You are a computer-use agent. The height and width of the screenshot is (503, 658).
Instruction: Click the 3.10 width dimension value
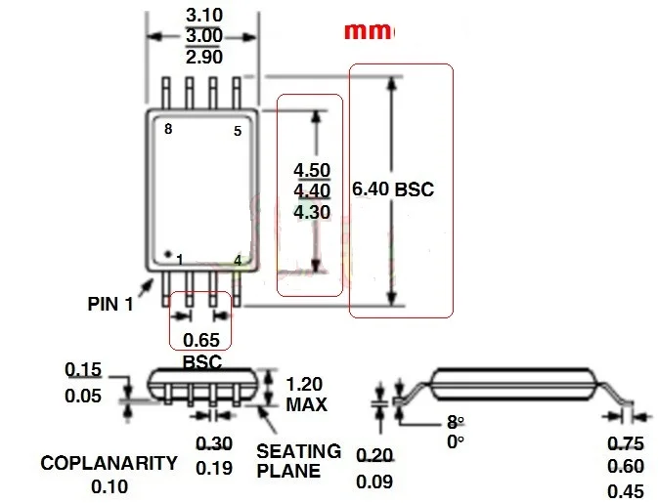204,16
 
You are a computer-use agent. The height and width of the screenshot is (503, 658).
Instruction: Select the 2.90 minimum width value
204,57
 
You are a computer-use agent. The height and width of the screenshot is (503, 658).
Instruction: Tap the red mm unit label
370,31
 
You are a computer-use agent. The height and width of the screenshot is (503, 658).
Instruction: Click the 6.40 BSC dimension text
392,189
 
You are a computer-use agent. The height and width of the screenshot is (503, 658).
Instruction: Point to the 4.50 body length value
312,170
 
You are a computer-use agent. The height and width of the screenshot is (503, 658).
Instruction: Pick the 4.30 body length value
312,212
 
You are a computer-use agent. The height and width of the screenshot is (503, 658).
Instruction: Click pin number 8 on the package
168,129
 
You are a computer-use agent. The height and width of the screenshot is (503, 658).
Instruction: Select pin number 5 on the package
238,131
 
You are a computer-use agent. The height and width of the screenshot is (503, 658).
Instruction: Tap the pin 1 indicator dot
168,254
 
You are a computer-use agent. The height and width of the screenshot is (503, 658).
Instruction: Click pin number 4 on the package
238,261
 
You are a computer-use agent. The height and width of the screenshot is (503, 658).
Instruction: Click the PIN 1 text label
110,304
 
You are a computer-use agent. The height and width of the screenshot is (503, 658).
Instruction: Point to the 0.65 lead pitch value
201,340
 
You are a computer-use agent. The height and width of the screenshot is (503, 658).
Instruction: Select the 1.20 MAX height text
306,395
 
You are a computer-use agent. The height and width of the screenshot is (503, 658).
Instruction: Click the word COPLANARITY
110,463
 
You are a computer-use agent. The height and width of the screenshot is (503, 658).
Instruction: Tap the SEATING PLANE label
299,461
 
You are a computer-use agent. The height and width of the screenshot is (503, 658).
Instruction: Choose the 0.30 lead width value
214,443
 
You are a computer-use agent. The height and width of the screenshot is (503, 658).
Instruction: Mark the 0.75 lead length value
626,443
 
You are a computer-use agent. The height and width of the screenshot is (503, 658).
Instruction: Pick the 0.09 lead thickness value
374,482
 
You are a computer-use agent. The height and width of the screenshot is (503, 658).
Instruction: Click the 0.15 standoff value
83,370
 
